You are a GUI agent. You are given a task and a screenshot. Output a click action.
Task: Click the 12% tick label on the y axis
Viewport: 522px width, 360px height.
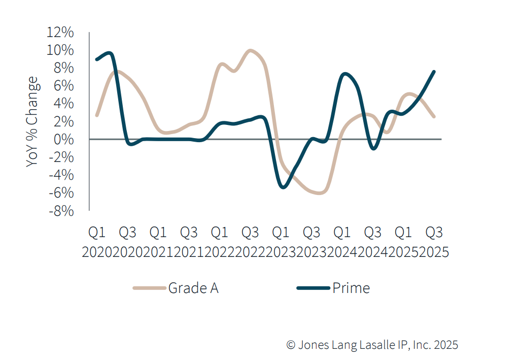60,32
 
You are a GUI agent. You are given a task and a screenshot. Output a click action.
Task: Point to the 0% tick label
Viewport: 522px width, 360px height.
63,140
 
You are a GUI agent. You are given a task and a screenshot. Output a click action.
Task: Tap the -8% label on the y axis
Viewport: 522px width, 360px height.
61,211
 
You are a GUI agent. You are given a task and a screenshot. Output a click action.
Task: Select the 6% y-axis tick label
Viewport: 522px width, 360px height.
63,86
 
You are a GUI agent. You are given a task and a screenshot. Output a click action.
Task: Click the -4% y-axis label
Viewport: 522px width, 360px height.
61,175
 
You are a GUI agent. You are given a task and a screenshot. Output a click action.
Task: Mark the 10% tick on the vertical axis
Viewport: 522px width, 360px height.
60,50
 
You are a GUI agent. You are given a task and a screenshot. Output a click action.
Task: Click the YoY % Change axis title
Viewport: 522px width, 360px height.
32,122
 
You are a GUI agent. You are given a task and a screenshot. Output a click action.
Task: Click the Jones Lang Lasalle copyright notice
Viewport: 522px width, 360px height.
372,345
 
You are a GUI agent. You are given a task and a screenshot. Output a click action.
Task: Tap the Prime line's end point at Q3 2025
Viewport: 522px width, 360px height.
434,72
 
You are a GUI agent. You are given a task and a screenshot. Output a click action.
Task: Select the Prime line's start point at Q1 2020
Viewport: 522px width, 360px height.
97,59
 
